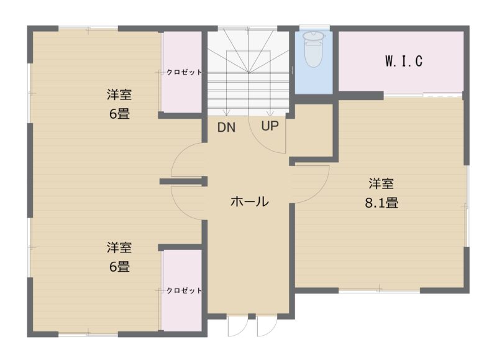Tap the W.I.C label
click(403, 61)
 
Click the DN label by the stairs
click(226, 127)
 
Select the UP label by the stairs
click(270, 127)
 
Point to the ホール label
click(249, 201)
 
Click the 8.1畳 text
click(381, 202)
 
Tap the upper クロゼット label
click(183, 72)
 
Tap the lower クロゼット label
click(183, 290)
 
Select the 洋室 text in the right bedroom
click(381, 184)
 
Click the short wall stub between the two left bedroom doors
click(182, 181)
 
